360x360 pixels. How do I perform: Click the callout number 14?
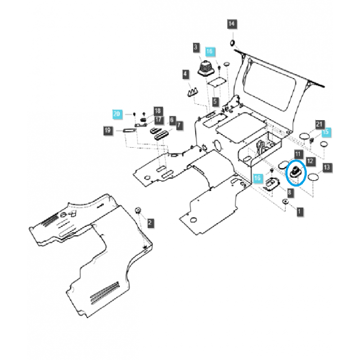coord(231,24)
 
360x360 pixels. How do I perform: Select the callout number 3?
coord(196,47)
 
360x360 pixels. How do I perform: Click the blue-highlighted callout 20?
coord(117,114)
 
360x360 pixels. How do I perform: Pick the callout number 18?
coord(157,111)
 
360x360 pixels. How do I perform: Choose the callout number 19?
coord(108,130)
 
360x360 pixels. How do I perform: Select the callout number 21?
coord(319,124)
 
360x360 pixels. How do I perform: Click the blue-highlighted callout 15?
coord(326,132)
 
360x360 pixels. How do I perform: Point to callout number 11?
coord(297,154)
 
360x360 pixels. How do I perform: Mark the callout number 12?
coord(310,161)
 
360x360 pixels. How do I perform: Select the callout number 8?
coord(289,192)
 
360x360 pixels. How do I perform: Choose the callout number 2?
coord(150,222)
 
